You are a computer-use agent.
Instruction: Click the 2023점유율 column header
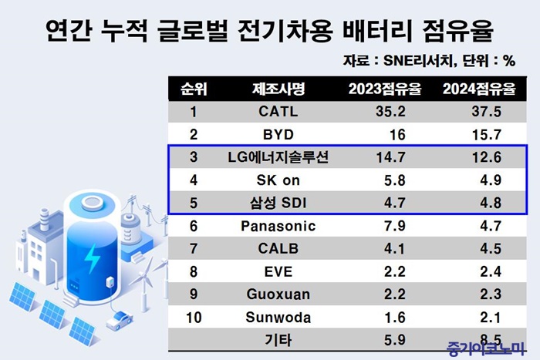point(385,89)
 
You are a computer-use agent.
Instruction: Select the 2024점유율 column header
point(479,89)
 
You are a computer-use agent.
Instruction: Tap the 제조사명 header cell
point(278,89)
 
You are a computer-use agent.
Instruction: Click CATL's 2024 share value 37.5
point(486,112)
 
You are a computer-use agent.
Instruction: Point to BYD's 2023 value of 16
point(397,135)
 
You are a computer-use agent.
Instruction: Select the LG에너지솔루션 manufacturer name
point(278,157)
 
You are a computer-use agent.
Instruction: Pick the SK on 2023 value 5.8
point(395,180)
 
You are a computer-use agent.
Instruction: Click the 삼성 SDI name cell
point(278,203)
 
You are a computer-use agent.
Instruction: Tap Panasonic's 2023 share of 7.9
point(395,226)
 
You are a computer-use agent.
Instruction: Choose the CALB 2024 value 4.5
point(491,248)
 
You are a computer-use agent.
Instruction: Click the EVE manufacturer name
point(278,271)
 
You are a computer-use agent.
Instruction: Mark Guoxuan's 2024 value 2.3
point(491,294)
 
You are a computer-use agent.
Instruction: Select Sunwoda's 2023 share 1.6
point(395,318)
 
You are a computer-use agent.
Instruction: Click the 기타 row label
point(278,340)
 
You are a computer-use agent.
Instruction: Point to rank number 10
point(194,318)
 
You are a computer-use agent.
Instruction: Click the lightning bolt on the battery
point(92,258)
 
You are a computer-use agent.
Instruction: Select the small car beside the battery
point(119,321)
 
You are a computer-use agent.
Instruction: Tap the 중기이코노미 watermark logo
point(485,348)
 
